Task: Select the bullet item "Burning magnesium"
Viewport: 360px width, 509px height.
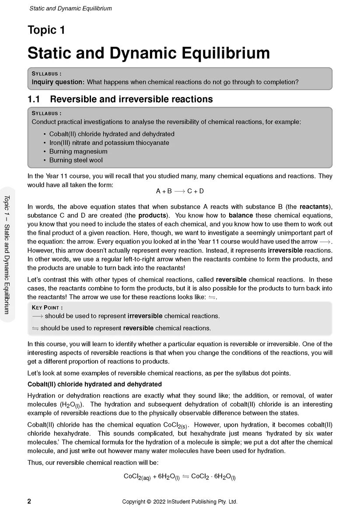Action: [78, 151]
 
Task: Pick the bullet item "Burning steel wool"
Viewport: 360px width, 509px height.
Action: [76, 160]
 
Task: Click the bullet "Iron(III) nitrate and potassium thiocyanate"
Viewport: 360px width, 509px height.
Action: [109, 143]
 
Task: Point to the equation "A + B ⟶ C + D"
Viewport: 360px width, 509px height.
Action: [180, 191]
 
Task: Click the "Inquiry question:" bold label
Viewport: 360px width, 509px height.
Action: [58, 82]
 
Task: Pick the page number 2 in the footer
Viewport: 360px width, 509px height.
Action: [29, 502]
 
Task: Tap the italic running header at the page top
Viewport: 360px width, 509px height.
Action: [70, 8]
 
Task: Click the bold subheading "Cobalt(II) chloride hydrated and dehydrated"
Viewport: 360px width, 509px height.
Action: [94, 384]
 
